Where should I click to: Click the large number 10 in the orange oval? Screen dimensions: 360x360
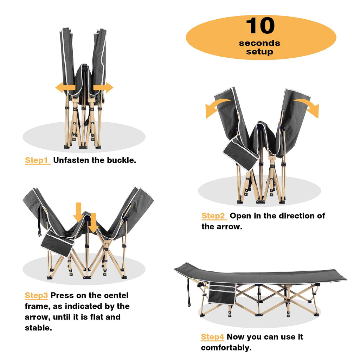[x=260, y=25]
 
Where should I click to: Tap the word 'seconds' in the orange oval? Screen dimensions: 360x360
[x=259, y=43]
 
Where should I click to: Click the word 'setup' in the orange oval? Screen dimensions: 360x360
[x=260, y=52]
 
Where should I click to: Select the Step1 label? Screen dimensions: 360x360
[x=37, y=160]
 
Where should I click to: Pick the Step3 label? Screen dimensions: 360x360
[x=36, y=295]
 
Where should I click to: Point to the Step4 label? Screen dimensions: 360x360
[x=212, y=337]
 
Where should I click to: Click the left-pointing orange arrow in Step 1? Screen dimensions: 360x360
[x=65, y=88]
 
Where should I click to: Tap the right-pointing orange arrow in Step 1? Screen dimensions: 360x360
[x=103, y=88]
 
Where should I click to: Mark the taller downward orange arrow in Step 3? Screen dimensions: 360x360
[x=78, y=212]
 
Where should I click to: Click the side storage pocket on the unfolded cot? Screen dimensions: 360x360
[x=222, y=294]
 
